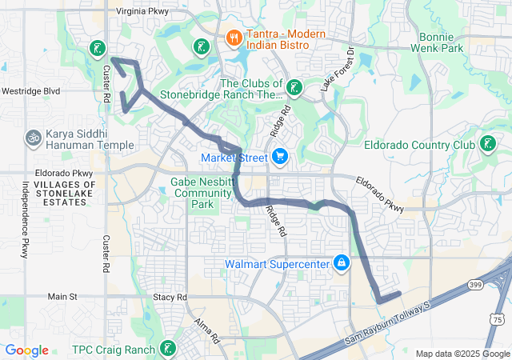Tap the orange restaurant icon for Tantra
(x=234, y=37)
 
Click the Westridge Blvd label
(x=30, y=91)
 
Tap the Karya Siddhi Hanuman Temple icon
(x=34, y=138)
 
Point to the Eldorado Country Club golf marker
(x=486, y=145)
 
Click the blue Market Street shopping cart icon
(x=279, y=156)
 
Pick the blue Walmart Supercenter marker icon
(x=342, y=262)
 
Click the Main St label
(x=62, y=296)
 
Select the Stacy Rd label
(x=169, y=297)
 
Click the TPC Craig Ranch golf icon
(x=167, y=349)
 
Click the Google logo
(x=27, y=350)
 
